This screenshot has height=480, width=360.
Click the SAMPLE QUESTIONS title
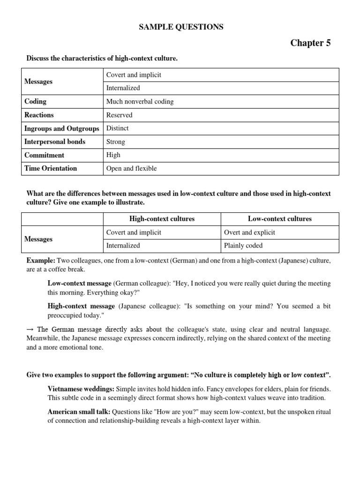(x=181, y=27)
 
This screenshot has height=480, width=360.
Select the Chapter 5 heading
(x=310, y=43)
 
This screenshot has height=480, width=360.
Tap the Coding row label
(x=36, y=101)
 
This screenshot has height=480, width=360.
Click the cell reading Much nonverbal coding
(x=140, y=101)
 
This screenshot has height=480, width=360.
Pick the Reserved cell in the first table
(x=120, y=115)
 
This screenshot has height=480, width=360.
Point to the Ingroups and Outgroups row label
(x=62, y=128)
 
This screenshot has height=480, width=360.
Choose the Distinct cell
(x=118, y=128)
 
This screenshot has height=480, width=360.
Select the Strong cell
(x=116, y=142)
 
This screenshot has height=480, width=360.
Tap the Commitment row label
(x=45, y=155)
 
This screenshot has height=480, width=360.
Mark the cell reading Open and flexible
(x=132, y=168)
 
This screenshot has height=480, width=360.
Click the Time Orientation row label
(x=51, y=168)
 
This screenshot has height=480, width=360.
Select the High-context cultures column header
(x=162, y=219)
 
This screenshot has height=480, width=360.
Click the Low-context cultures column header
(x=280, y=219)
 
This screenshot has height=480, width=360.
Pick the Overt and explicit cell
(x=250, y=232)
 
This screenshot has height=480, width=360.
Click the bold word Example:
(x=41, y=260)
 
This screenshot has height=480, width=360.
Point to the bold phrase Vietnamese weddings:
(x=81, y=389)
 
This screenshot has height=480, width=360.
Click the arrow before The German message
(x=30, y=329)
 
